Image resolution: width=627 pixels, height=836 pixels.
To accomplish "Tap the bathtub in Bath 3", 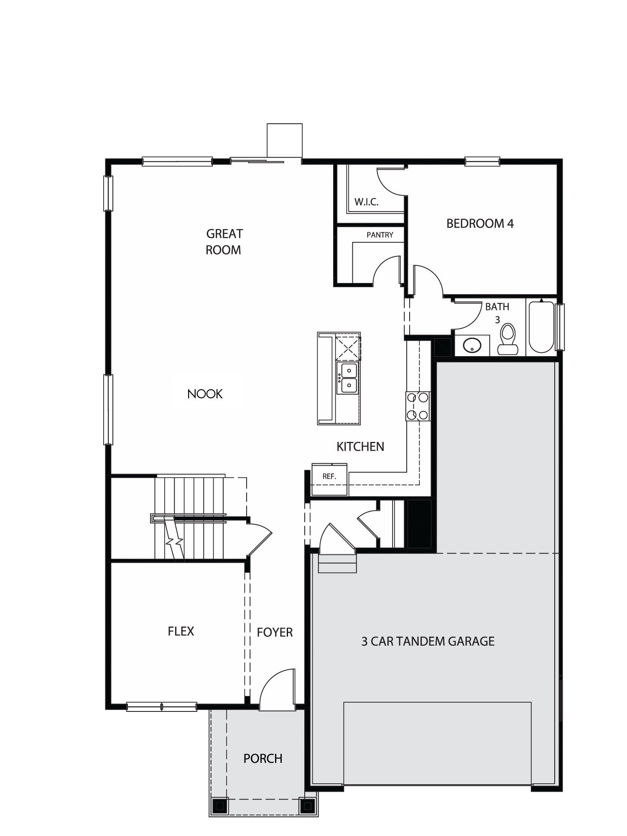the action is [x=541, y=327].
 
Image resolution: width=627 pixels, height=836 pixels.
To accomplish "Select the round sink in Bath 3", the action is [x=472, y=345].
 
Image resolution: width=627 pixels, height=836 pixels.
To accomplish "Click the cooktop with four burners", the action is [x=418, y=406].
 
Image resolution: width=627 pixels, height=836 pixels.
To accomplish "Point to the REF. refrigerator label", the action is [x=329, y=476].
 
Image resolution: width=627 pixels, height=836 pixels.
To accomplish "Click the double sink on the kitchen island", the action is [x=348, y=378].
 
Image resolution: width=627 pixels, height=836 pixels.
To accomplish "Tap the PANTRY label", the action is [x=380, y=235].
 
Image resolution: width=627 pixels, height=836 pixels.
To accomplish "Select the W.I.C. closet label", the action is [x=367, y=202].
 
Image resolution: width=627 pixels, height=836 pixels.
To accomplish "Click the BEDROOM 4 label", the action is [x=480, y=224].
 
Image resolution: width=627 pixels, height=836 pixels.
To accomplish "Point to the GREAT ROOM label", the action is [x=224, y=242].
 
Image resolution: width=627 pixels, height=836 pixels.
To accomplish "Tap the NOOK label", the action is [x=205, y=394].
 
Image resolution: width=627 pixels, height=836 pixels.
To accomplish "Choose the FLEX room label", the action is [x=181, y=631].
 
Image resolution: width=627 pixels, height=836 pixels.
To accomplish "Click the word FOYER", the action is [x=275, y=632].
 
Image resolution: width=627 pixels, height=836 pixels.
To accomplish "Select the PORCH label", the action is [x=263, y=759].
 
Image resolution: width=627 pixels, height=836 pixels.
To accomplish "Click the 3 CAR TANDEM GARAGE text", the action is [x=428, y=641].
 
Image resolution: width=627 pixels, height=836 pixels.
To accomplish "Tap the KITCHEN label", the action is [x=360, y=446].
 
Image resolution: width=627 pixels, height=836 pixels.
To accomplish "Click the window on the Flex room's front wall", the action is [x=161, y=707].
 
